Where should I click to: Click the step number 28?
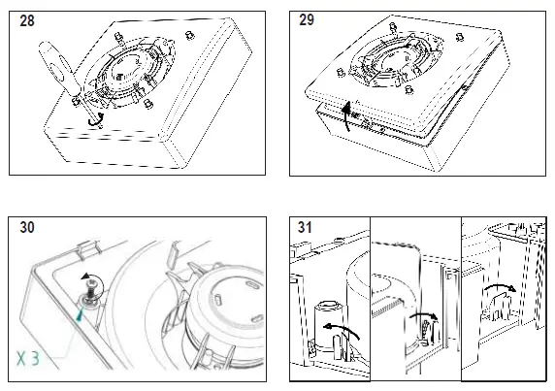click(27, 21)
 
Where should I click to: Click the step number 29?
click(307, 19)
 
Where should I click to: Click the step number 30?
click(27, 227)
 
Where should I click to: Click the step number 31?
click(305, 227)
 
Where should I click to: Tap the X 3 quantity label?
click(28, 358)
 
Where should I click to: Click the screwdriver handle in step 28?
click(57, 67)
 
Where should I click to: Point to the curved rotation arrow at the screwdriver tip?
click(96, 119)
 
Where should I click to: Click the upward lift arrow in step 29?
click(347, 115)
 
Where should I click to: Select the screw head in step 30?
click(93, 283)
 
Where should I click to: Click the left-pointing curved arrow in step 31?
click(342, 330)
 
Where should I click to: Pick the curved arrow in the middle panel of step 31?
click(423, 315)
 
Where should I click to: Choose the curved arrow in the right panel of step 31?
click(500, 286)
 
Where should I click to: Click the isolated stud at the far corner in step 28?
click(190, 35)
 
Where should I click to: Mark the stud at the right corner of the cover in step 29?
click(460, 37)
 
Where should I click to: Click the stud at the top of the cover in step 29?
click(392, 26)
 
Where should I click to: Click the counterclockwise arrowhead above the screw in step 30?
click(85, 277)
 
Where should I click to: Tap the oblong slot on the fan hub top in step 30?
click(252, 285)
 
